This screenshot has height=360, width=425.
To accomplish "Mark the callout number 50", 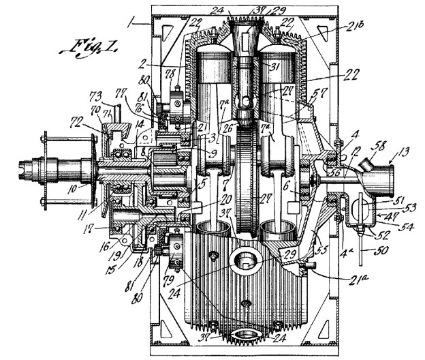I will (x=373, y=253).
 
